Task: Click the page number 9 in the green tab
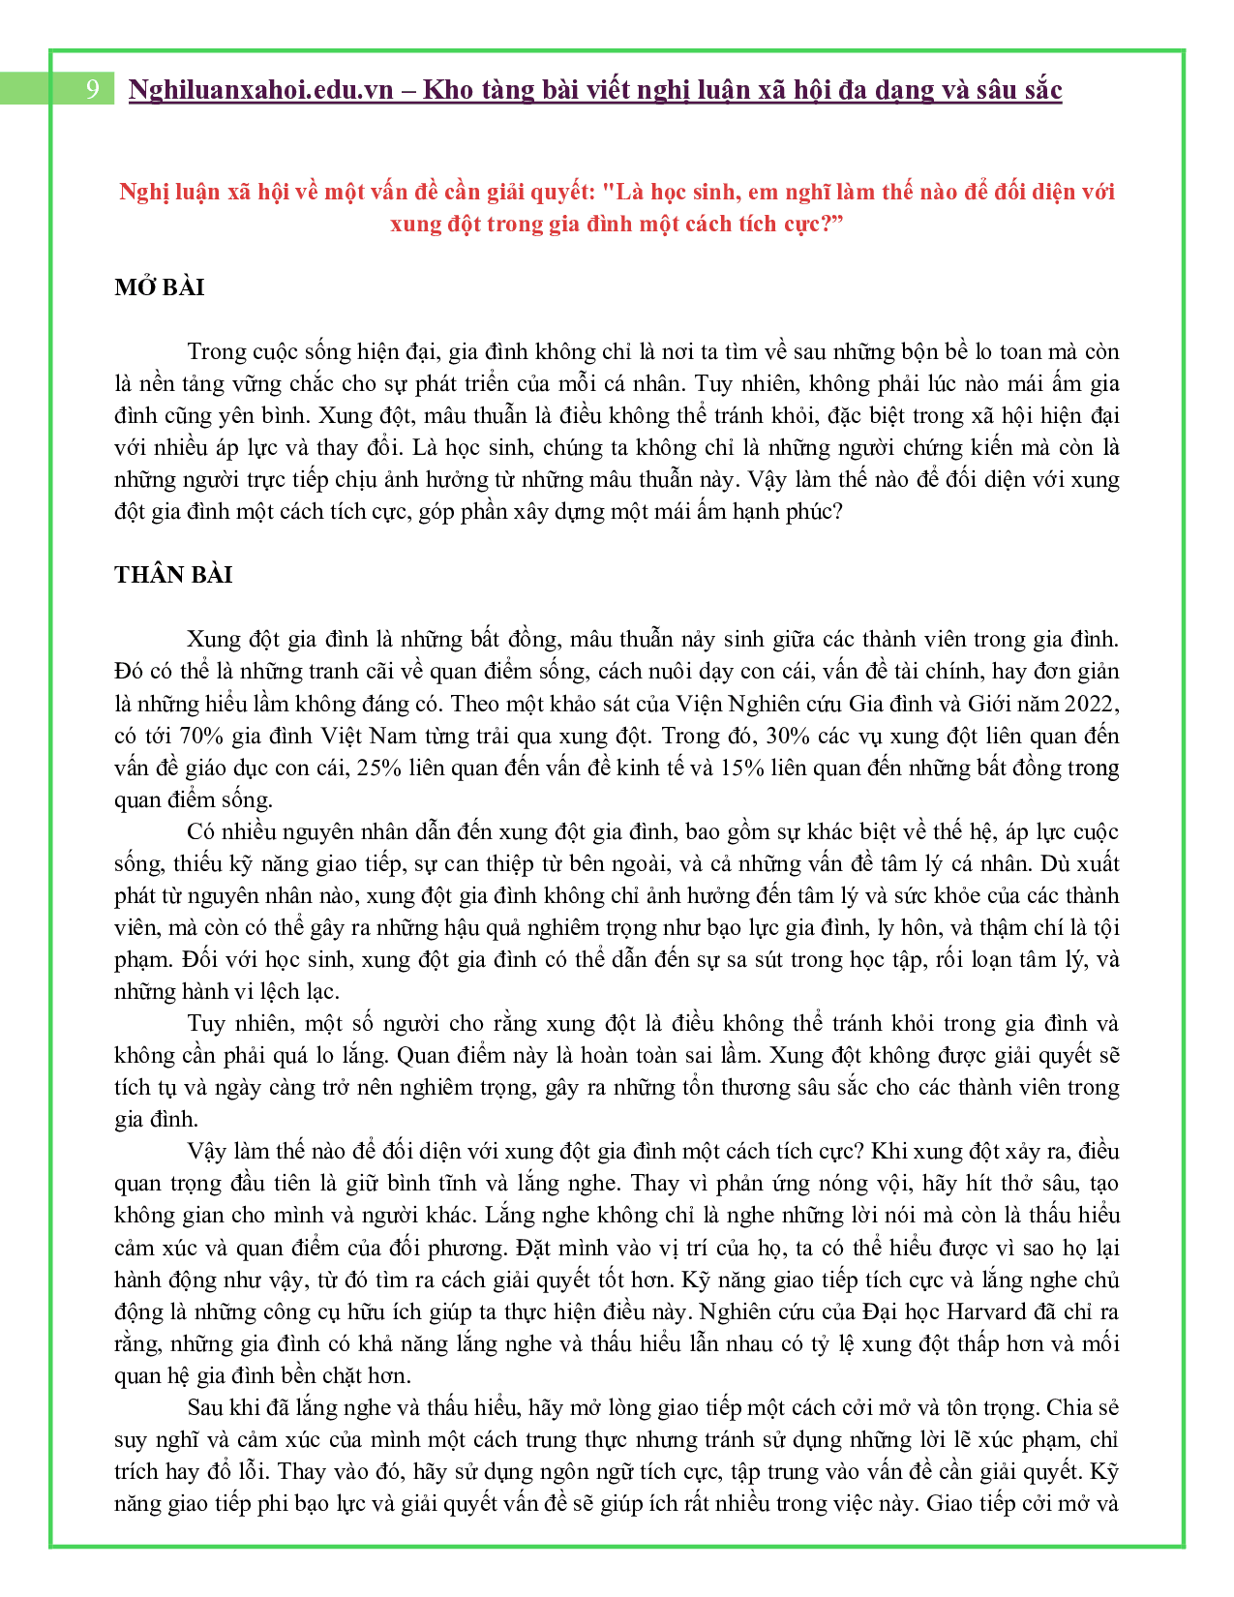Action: point(92,89)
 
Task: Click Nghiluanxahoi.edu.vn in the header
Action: point(260,90)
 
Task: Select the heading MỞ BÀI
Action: point(159,287)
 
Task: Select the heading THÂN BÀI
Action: point(173,575)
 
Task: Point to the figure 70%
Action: point(202,736)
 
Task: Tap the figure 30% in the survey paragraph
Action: point(787,736)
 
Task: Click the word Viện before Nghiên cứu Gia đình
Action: point(697,704)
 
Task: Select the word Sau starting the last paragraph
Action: point(204,1407)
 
